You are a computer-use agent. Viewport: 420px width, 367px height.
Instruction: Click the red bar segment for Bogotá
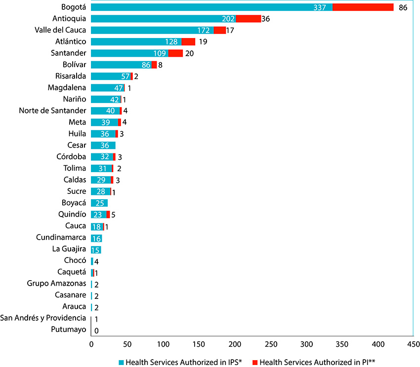(363, 7)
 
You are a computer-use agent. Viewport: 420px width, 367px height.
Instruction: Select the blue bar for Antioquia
(163, 19)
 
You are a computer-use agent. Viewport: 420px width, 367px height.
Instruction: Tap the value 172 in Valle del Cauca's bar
(204, 31)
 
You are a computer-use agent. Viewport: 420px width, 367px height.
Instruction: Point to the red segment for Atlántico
(188, 42)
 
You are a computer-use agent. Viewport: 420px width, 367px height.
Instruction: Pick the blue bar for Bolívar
(121, 65)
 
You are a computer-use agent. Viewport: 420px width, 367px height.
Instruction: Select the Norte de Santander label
(53, 110)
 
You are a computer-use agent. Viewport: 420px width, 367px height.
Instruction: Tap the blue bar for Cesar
(103, 145)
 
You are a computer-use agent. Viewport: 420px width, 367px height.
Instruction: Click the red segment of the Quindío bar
(108, 214)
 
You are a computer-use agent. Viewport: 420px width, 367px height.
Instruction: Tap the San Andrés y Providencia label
(44, 318)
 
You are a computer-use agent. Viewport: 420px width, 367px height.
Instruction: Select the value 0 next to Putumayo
(96, 330)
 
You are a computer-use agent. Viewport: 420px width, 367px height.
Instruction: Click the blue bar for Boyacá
(99, 203)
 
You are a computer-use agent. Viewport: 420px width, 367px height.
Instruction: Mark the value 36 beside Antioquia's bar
(267, 19)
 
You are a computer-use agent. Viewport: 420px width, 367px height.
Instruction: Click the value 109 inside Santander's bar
(160, 53)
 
